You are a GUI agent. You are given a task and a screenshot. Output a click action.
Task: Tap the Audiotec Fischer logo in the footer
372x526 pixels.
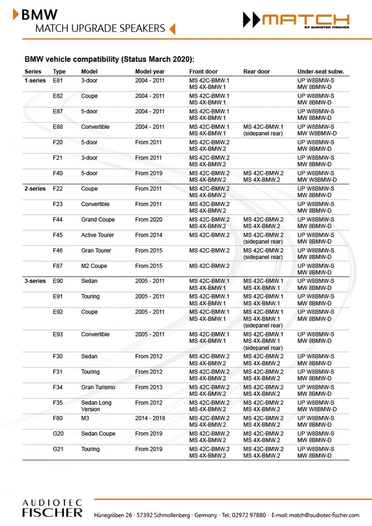click(52, 508)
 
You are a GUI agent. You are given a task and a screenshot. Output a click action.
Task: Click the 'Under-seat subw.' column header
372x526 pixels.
click(323, 72)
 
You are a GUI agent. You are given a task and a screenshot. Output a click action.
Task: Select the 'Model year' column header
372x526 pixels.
click(150, 72)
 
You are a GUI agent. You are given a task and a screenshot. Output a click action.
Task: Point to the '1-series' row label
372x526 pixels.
click(35, 81)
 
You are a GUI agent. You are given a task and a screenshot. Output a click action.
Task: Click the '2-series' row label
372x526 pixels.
click(35, 189)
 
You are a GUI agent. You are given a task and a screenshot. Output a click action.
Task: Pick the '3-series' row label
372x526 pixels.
click(35, 281)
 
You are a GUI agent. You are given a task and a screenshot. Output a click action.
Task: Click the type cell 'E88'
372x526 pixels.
click(58, 127)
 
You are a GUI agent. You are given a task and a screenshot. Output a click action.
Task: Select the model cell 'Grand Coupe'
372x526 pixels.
click(98, 220)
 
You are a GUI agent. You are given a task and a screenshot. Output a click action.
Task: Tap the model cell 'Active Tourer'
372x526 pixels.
click(98, 235)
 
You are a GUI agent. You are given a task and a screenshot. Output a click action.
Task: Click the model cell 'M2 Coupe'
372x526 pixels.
click(94, 266)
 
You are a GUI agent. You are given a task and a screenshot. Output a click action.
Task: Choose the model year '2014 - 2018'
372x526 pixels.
click(150, 418)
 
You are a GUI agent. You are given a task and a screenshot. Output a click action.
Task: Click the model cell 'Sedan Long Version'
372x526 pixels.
click(96, 406)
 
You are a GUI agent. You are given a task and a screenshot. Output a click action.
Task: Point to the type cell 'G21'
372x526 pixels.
click(59, 449)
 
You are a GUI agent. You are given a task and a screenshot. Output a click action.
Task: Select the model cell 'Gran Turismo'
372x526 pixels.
click(99, 387)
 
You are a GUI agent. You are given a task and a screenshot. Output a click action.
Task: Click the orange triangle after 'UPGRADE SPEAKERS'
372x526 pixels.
click(173, 28)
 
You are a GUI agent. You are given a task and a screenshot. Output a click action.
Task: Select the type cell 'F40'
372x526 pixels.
click(58, 173)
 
